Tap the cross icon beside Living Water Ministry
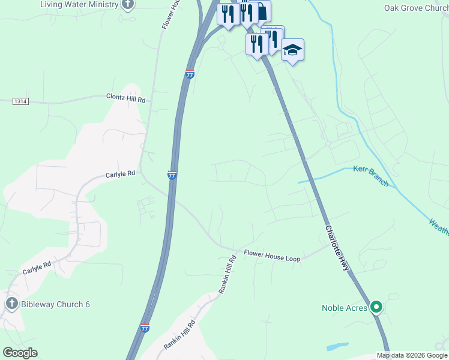127,4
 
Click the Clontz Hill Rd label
126,97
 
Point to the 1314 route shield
21,101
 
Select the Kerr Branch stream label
371,175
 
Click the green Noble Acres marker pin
376,307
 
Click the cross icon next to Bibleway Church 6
11,304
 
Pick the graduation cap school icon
292,50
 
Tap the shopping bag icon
262,11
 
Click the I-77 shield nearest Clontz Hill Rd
190,74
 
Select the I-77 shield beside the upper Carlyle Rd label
172,175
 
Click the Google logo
20,353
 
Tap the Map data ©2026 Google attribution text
412,355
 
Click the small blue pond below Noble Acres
338,347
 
